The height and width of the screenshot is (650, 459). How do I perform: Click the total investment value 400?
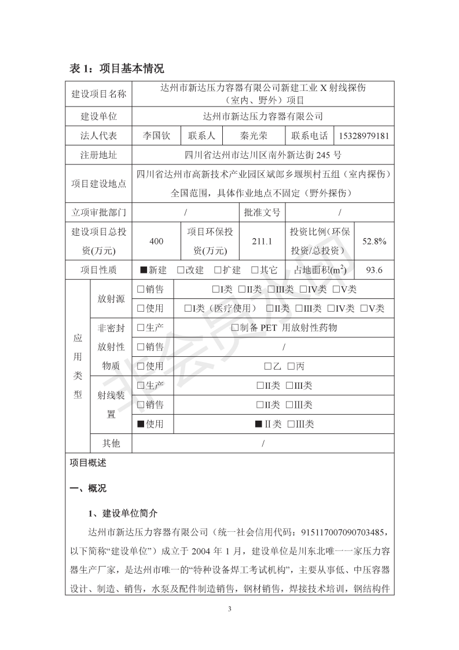pos(156,241)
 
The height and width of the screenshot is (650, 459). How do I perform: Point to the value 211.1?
pos(262,241)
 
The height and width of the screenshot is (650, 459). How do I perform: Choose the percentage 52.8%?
pos(374,241)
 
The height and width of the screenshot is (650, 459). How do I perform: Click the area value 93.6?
pos(374,270)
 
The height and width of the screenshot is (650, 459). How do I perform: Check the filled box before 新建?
pos(143,270)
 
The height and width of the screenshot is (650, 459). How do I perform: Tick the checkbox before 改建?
pos(181,270)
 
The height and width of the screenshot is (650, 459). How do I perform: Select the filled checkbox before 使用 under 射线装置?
pos(141,424)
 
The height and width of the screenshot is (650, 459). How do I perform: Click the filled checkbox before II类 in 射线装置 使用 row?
pos(259,424)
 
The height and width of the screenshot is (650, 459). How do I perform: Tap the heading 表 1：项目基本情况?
pos(117,69)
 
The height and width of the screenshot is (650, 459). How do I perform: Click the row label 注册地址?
pos(98,155)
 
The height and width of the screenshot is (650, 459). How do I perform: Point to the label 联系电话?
pos(309,136)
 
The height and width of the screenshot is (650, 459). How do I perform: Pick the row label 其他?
pos(111,443)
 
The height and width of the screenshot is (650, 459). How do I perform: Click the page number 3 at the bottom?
pos(230,609)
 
